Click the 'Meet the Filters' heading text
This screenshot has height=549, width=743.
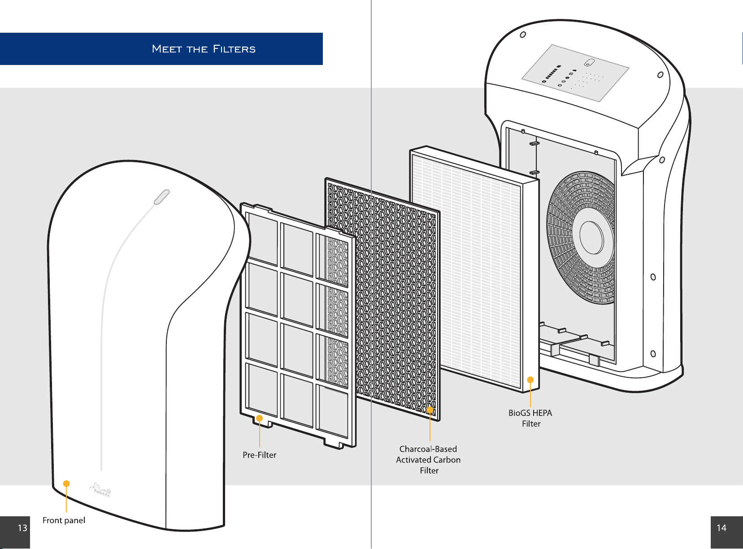click(x=204, y=49)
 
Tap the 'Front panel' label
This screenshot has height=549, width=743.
click(x=64, y=520)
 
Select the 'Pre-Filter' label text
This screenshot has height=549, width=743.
click(x=259, y=455)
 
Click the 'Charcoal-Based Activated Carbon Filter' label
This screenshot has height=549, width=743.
click(x=429, y=459)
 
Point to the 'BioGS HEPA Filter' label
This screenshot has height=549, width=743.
click(x=530, y=418)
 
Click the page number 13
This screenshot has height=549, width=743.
click(x=22, y=528)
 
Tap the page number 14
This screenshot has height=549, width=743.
click(x=721, y=528)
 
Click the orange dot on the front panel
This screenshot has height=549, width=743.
click(x=66, y=484)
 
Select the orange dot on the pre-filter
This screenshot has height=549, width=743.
click(x=259, y=419)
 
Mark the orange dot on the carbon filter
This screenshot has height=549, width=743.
click(x=430, y=410)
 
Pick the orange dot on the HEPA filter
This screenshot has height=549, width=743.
click(x=530, y=380)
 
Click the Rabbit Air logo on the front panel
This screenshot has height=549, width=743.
click(x=100, y=490)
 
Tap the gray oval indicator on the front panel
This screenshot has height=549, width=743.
click(x=162, y=197)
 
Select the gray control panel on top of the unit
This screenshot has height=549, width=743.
click(x=575, y=73)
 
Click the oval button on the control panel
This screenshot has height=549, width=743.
click(x=589, y=63)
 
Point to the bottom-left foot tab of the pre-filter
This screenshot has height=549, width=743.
click(x=262, y=424)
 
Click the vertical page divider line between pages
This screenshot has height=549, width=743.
click(x=371, y=274)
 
